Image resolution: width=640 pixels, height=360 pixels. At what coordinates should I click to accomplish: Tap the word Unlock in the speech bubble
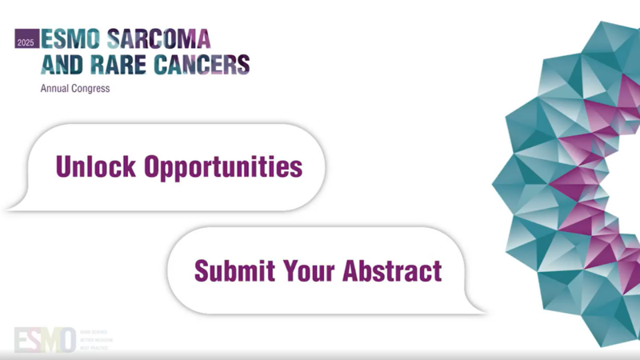tap(96, 166)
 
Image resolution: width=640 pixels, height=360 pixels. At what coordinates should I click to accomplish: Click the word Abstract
tap(392, 270)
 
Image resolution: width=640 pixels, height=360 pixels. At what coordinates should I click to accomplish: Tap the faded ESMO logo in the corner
tap(45, 339)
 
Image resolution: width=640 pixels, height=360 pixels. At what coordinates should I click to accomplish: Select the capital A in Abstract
tap(351, 270)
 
